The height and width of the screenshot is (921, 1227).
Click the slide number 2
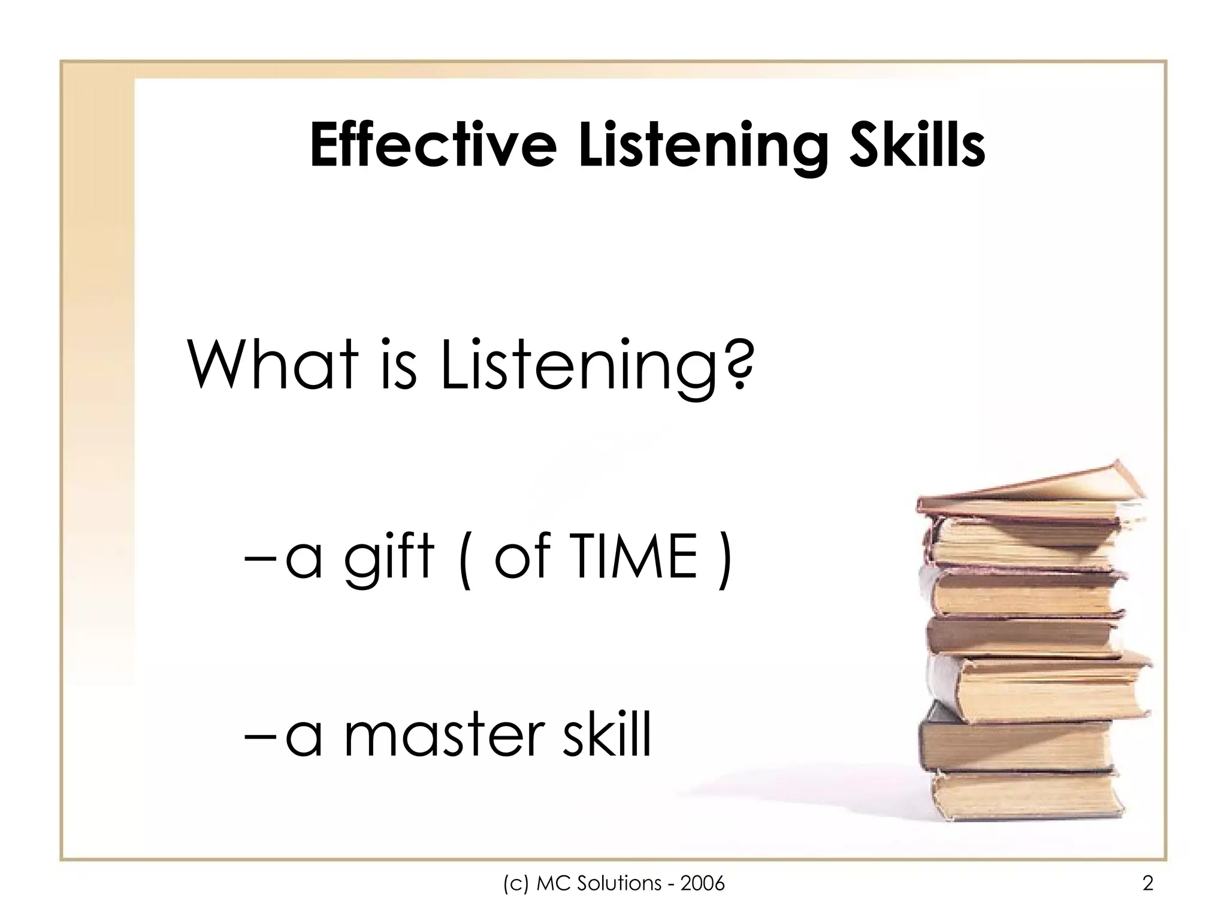tap(1148, 883)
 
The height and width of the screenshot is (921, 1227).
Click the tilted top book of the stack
tap(1030, 492)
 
